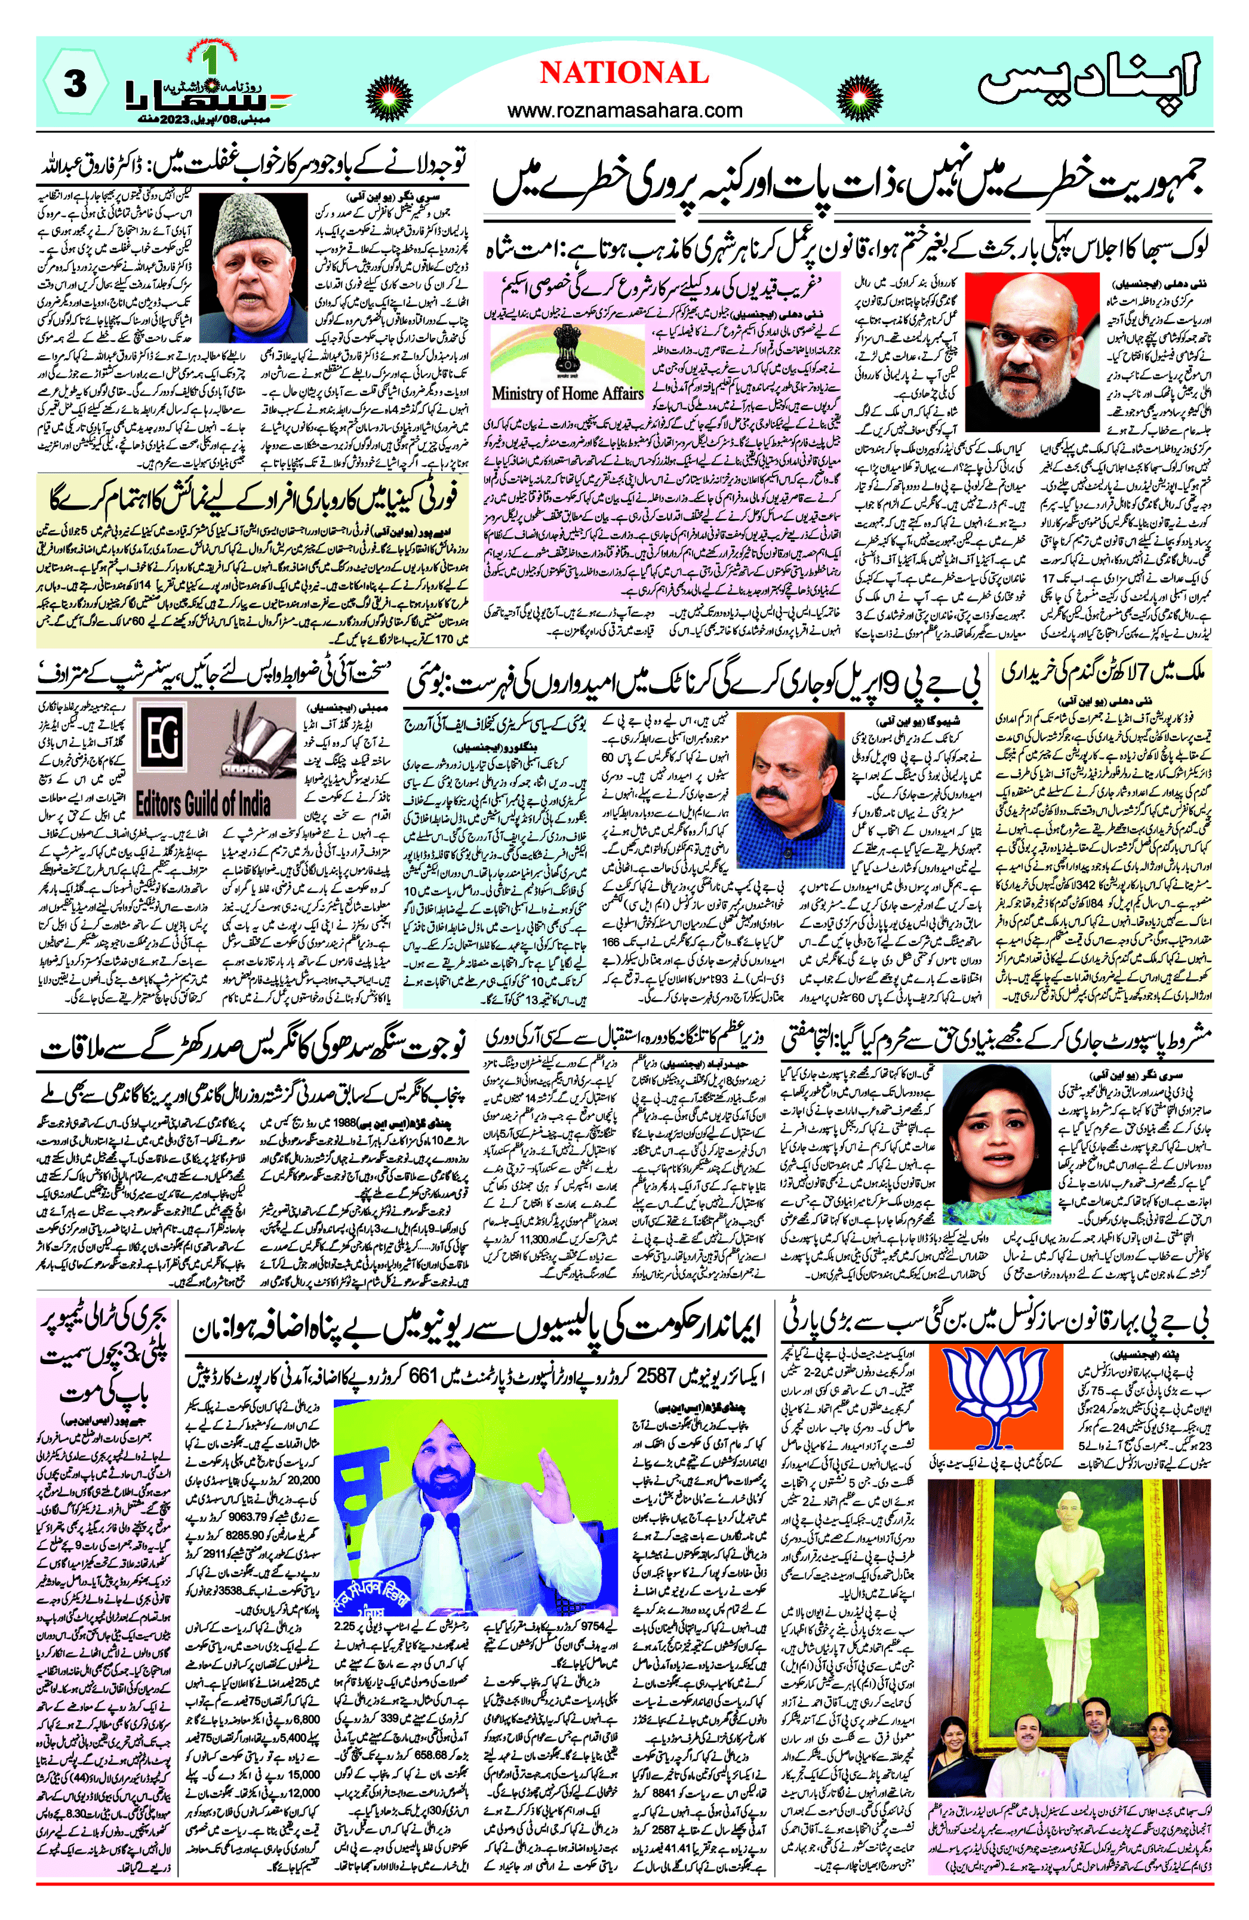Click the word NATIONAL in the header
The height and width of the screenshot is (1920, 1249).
[x=624, y=73]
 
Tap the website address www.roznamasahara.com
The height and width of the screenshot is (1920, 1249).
[x=624, y=110]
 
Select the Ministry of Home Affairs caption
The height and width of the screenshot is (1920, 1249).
[x=567, y=393]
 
